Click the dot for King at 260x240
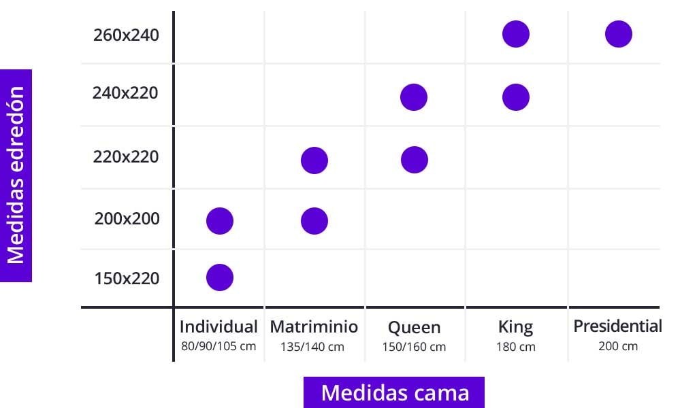516,34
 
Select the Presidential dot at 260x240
618,34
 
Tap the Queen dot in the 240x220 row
414,97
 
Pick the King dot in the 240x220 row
516,97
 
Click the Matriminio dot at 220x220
314,160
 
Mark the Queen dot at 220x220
414,160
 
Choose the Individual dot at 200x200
220,220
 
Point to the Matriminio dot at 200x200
314,220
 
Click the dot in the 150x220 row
220,277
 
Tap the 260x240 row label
126,35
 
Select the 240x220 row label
125,92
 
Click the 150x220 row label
127,278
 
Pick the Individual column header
218,326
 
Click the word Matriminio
313,326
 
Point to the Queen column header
414,328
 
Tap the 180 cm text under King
516,347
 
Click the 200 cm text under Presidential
618,345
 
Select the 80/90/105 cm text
218,345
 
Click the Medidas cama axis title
394,392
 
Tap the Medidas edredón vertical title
16,175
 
